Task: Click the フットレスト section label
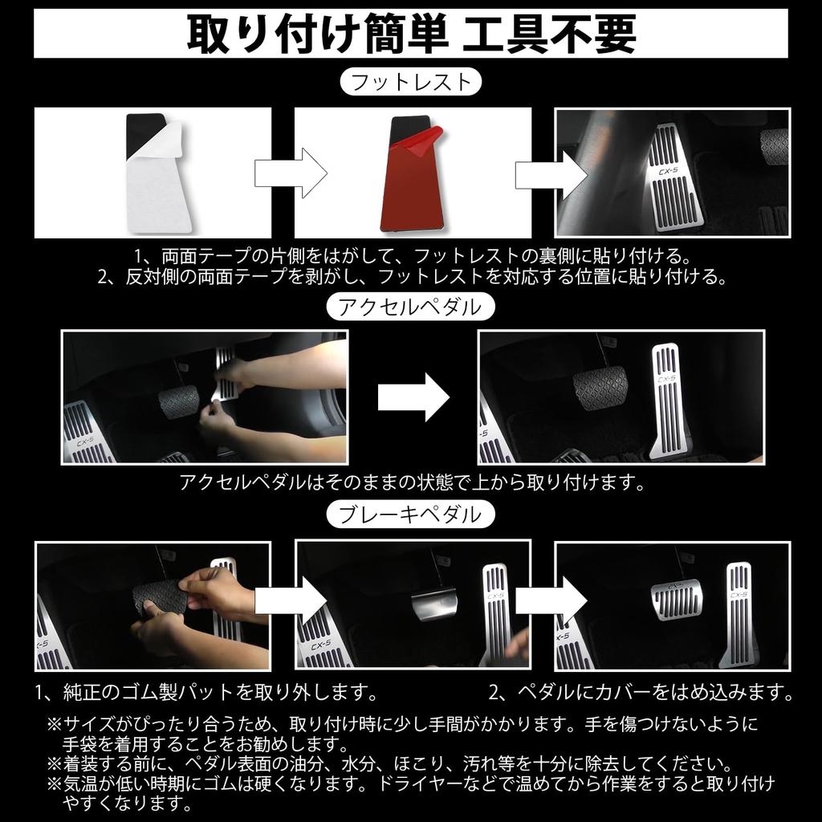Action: (x=411, y=82)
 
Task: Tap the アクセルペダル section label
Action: (x=411, y=307)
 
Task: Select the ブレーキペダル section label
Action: (x=409, y=514)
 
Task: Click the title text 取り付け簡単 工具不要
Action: (x=411, y=34)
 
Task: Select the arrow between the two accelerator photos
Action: (x=413, y=396)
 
